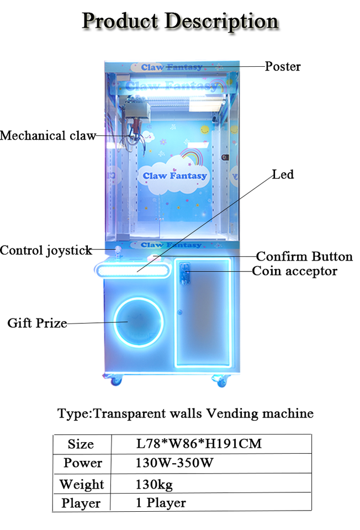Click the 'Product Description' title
click(x=180, y=22)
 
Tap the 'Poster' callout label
click(x=282, y=67)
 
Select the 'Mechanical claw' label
click(x=47, y=135)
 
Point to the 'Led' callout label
click(x=283, y=175)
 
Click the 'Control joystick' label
click(x=46, y=251)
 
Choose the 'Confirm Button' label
click(x=304, y=257)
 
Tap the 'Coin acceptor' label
click(x=294, y=271)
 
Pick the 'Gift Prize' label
click(x=37, y=323)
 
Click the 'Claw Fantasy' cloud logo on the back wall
click(x=175, y=174)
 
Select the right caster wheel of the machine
click(x=221, y=380)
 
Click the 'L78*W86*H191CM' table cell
click(x=199, y=443)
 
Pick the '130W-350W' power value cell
click(x=174, y=463)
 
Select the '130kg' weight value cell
click(x=154, y=484)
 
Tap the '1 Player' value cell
click(x=161, y=502)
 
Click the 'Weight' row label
click(x=81, y=484)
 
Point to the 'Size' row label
click(x=81, y=444)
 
